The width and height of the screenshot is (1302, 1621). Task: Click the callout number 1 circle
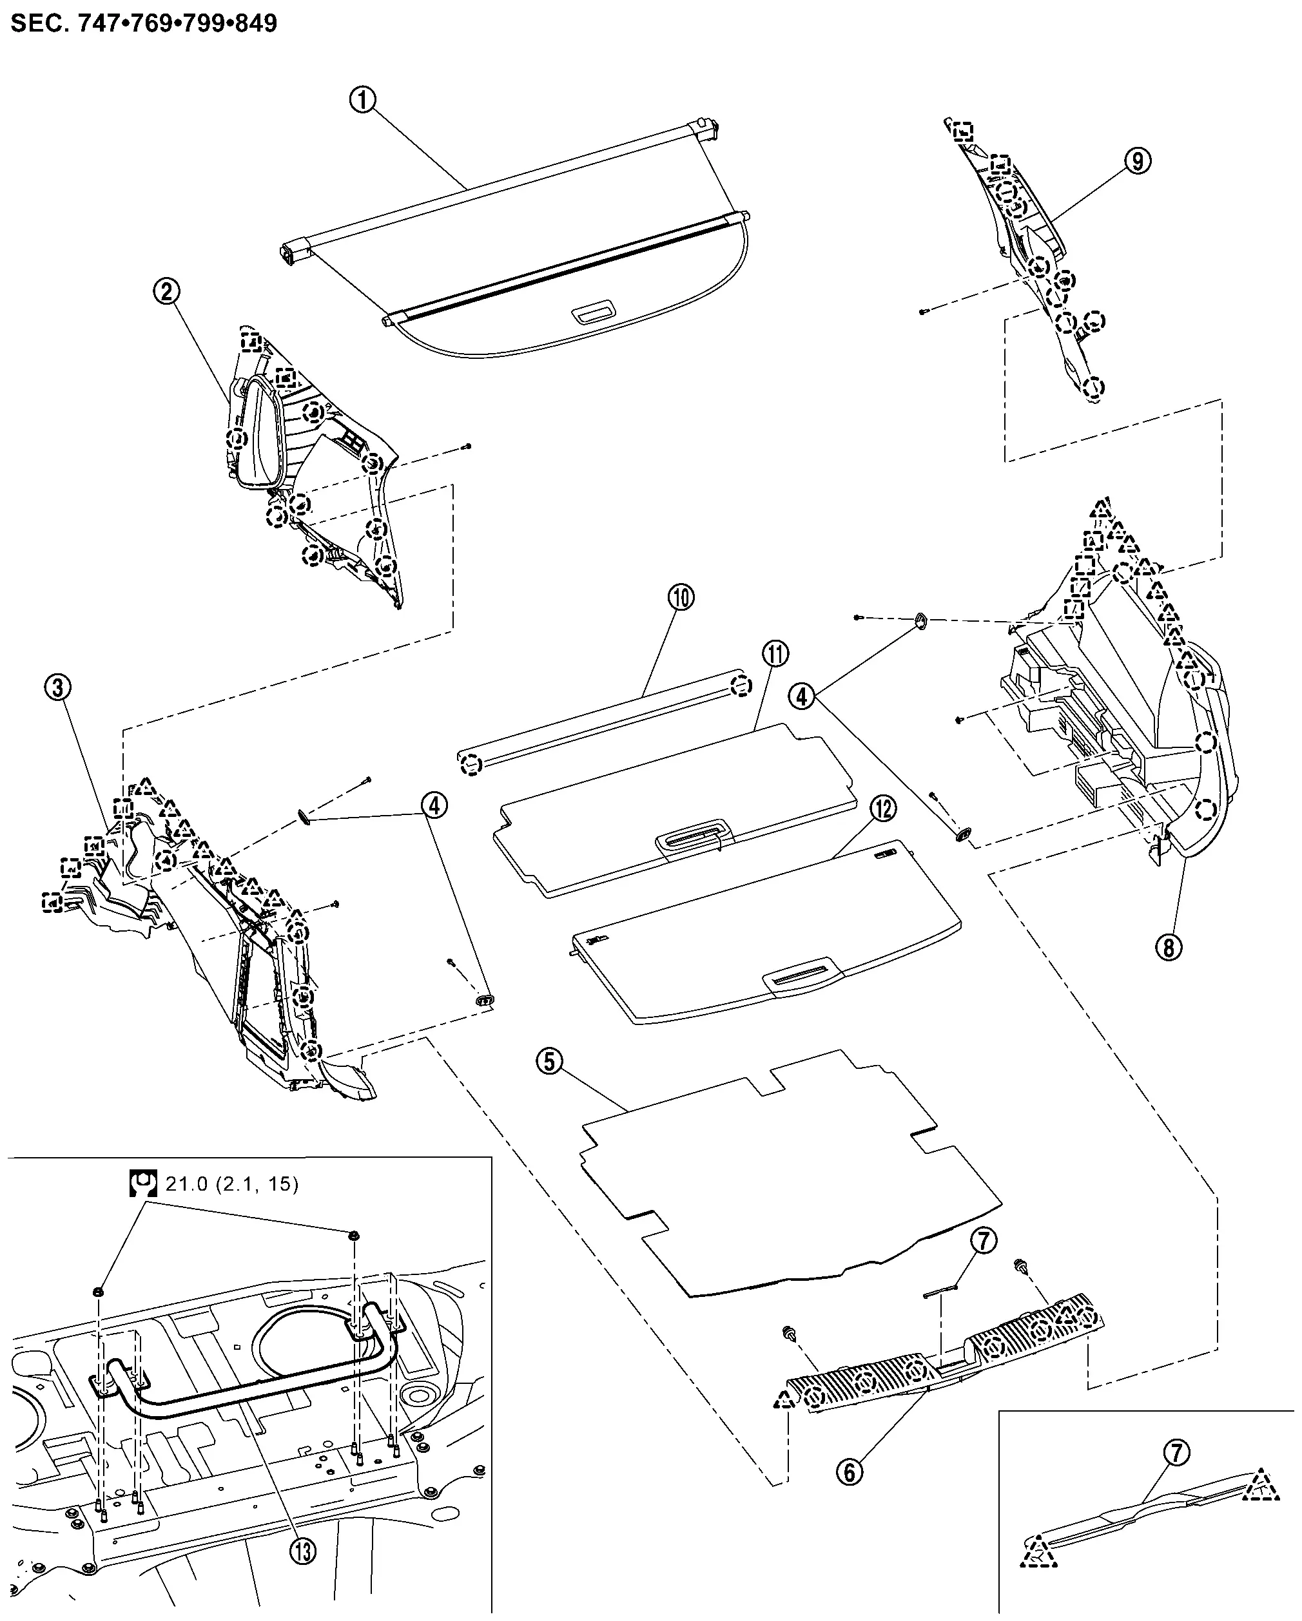pyautogui.click(x=362, y=99)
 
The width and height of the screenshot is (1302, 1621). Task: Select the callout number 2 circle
pyautogui.click(x=166, y=291)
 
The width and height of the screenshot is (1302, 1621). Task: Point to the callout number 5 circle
pyautogui.click(x=550, y=1062)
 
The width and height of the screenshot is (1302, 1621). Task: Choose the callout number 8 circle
pyautogui.click(x=1168, y=947)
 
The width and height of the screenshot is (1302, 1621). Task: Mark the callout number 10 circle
pyautogui.click(x=681, y=598)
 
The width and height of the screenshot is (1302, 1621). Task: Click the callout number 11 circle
pyautogui.click(x=775, y=653)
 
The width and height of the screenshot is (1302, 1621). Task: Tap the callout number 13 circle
pyautogui.click(x=302, y=1549)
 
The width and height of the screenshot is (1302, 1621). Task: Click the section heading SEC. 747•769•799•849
pyautogui.click(x=144, y=23)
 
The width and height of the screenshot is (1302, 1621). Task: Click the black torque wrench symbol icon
pyautogui.click(x=142, y=1184)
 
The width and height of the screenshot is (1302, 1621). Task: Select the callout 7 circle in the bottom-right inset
pyautogui.click(x=1176, y=1453)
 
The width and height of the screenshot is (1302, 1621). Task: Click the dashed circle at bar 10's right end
pyautogui.click(x=741, y=685)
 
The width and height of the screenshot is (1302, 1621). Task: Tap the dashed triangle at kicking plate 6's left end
pyautogui.click(x=784, y=1399)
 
